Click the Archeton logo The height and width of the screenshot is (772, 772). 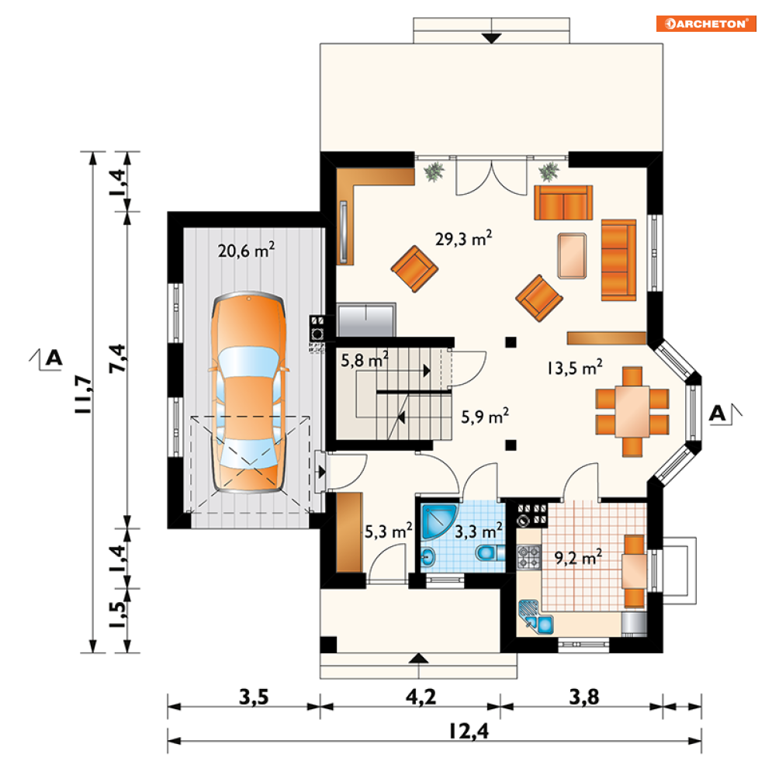(x=705, y=23)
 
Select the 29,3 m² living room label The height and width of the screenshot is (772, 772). (x=463, y=238)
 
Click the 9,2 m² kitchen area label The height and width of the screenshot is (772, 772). (x=578, y=557)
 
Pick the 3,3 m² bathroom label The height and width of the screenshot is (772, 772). (x=478, y=531)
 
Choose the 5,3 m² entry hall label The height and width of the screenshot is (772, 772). (x=389, y=531)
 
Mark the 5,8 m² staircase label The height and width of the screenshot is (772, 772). (x=365, y=360)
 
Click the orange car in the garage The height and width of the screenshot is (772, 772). (x=248, y=392)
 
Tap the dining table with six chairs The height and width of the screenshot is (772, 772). (x=632, y=411)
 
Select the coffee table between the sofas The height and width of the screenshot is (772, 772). (x=572, y=256)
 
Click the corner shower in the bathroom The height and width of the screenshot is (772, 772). (x=438, y=521)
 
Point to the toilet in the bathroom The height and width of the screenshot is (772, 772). (x=490, y=552)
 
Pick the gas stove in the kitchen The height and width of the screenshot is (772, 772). (x=528, y=557)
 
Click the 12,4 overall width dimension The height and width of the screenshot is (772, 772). (x=469, y=731)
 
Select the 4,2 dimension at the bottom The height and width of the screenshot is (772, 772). (x=421, y=697)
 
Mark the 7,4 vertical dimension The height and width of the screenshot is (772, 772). (x=117, y=358)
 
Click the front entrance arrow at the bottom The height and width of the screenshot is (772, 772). (x=418, y=658)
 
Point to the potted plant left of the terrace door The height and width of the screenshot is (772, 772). (x=434, y=171)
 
